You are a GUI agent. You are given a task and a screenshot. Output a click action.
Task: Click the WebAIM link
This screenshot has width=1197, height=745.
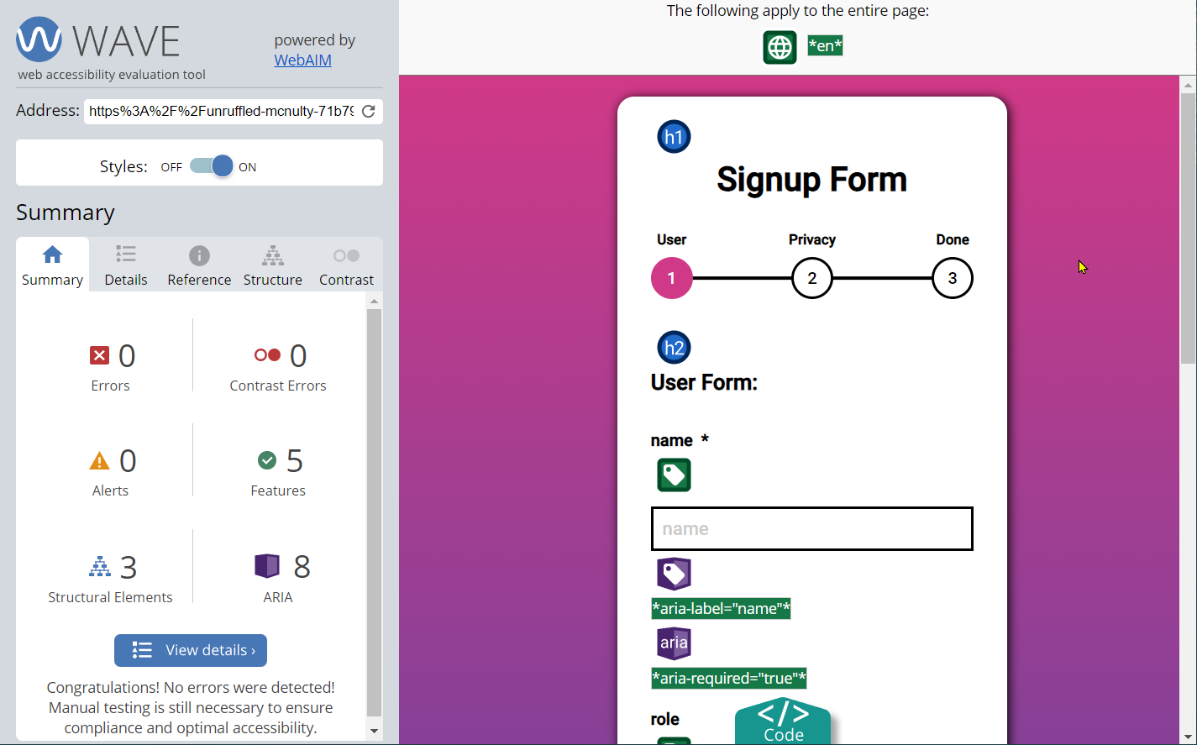tap(302, 60)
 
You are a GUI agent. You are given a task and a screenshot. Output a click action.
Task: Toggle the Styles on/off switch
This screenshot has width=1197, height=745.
tap(211, 166)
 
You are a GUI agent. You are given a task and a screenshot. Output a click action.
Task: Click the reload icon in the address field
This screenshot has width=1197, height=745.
tap(369, 112)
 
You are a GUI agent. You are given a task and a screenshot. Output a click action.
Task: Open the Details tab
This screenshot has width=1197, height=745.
tap(126, 265)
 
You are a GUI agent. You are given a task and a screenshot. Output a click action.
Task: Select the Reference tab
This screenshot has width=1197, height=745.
tap(199, 265)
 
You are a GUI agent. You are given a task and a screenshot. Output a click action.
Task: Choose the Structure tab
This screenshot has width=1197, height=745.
tap(272, 265)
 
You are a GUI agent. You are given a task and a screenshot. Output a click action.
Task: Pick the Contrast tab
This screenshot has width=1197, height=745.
tap(346, 265)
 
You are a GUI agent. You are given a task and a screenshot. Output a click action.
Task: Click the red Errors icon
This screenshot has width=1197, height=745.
tap(99, 355)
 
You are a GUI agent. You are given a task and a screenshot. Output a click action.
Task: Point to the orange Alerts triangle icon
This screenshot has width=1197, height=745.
tap(99, 461)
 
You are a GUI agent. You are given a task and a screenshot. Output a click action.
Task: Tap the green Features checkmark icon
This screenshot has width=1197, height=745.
tap(267, 460)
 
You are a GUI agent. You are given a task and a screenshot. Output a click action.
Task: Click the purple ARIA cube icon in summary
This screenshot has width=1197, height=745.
tap(267, 566)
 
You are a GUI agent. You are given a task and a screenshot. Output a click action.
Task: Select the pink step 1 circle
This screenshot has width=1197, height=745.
tap(671, 279)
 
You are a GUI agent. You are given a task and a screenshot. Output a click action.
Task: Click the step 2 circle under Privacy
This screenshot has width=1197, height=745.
tap(811, 279)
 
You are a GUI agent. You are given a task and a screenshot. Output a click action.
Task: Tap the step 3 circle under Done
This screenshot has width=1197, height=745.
tap(952, 279)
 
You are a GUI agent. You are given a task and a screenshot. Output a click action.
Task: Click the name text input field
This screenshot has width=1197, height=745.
tap(811, 529)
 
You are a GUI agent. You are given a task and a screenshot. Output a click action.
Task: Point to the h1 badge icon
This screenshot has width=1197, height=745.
tap(674, 137)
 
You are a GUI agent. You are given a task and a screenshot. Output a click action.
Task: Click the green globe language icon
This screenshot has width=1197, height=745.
tap(780, 47)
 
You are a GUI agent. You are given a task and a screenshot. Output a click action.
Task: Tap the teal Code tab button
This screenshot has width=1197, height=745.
tap(783, 721)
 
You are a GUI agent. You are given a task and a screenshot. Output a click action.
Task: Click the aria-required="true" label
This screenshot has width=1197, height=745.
tap(729, 679)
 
